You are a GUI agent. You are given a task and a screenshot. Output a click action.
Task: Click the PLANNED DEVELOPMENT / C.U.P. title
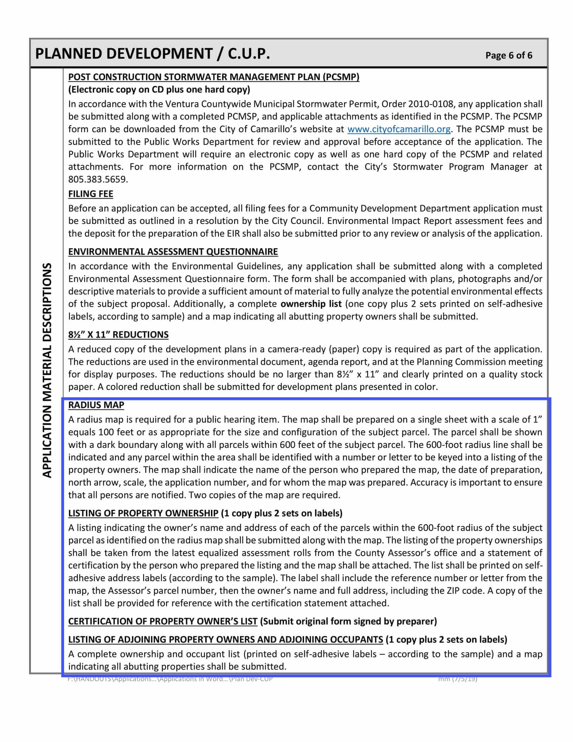[x=152, y=54]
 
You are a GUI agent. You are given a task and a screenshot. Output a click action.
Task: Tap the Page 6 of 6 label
[x=509, y=55]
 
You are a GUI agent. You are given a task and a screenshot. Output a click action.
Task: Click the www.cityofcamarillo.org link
[x=399, y=129]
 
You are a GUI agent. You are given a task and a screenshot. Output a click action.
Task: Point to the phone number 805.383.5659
[x=98, y=179]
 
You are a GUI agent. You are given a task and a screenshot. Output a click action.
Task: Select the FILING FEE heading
[x=91, y=194]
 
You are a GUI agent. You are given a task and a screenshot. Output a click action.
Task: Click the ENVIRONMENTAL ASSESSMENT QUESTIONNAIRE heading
[x=173, y=252]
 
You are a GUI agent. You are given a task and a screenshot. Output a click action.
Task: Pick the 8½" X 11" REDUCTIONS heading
[x=118, y=334]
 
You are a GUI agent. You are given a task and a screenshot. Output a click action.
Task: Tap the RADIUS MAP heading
[x=96, y=405]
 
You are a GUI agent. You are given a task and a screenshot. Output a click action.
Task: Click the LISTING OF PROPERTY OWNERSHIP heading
[x=143, y=513]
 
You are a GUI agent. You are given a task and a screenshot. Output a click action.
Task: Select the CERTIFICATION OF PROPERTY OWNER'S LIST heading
[x=163, y=621]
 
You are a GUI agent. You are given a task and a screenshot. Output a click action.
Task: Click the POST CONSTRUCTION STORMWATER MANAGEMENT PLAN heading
[x=213, y=77]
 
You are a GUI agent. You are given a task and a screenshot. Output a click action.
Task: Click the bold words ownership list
[x=311, y=304]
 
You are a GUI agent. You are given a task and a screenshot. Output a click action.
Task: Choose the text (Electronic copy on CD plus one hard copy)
[x=159, y=89]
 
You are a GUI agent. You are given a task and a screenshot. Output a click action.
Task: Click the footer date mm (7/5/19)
[x=458, y=679]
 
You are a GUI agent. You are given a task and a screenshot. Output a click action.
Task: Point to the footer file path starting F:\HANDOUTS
[x=170, y=679]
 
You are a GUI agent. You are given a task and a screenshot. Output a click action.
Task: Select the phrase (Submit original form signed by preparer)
[x=348, y=621]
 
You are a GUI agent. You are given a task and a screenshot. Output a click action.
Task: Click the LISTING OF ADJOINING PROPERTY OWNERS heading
[x=226, y=639]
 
